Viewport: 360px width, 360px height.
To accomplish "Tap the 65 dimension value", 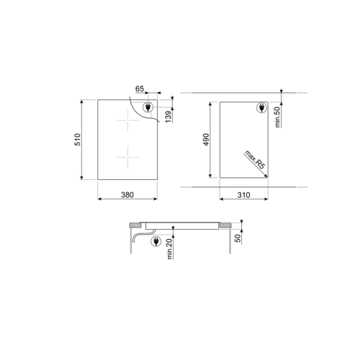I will tap(140, 88).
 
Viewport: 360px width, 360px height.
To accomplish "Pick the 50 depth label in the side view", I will tap(238, 238).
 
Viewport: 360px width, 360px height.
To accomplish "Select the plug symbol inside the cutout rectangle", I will tap(260, 109).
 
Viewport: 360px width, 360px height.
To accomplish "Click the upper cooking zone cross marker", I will tap(127, 123).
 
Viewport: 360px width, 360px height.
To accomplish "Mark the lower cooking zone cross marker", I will tap(127, 155).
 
